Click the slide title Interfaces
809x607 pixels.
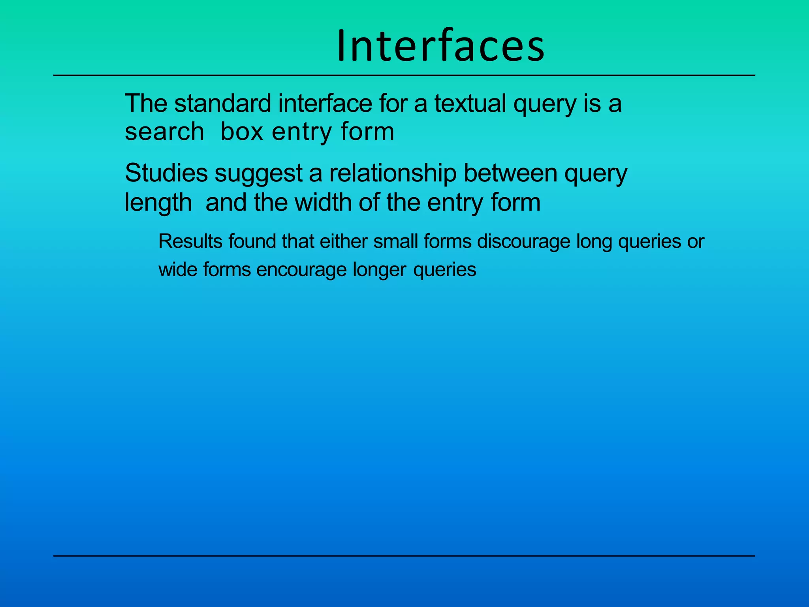pyautogui.click(x=440, y=46)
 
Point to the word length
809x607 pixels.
pyautogui.click(x=158, y=203)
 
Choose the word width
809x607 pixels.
pyautogui.click(x=323, y=202)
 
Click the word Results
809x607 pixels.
pyautogui.click(x=190, y=241)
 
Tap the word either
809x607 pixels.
pyautogui.click(x=344, y=241)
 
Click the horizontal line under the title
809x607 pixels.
pyautogui.click(x=404, y=75)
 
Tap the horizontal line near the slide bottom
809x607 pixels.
pyautogui.click(x=404, y=556)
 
